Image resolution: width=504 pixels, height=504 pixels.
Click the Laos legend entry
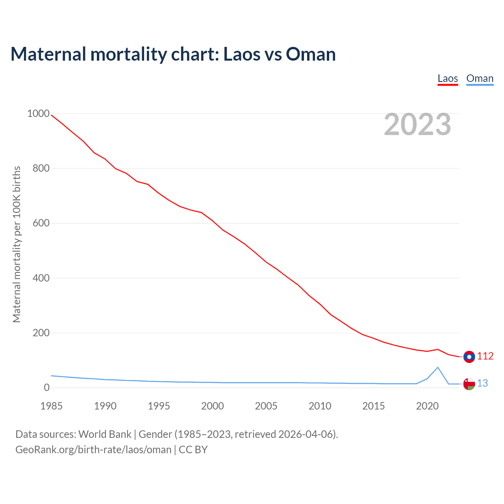pyautogui.click(x=448, y=78)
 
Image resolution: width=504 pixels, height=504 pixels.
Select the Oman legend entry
pyautogui.click(x=480, y=78)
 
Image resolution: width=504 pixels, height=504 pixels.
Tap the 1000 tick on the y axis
pyautogui.click(x=38, y=114)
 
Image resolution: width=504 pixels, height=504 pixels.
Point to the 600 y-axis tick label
pyautogui.click(x=41, y=223)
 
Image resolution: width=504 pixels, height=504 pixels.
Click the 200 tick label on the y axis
pyautogui.click(x=41, y=333)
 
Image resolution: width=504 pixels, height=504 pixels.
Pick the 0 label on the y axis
pyautogui.click(x=47, y=388)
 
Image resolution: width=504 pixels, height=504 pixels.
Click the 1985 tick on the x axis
pyautogui.click(x=52, y=406)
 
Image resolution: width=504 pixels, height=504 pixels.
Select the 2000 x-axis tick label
pyautogui.click(x=213, y=406)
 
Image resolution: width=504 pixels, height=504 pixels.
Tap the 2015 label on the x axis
pyautogui.click(x=374, y=406)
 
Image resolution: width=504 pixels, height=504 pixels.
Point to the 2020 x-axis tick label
pyautogui.click(x=427, y=406)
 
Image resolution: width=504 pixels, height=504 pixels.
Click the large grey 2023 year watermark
pyautogui.click(x=417, y=124)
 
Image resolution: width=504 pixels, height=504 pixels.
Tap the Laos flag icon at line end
pyautogui.click(x=469, y=357)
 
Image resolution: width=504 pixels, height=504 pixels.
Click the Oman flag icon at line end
pyautogui.click(x=469, y=384)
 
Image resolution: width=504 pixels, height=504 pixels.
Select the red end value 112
pyautogui.click(x=485, y=356)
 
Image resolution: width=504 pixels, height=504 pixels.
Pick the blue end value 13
pyautogui.click(x=482, y=384)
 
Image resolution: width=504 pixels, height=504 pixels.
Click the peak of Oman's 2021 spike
pyautogui.click(x=438, y=367)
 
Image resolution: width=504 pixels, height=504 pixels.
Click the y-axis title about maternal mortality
pyautogui.click(x=17, y=244)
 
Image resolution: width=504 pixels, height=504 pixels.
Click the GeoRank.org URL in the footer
pyautogui.click(x=93, y=450)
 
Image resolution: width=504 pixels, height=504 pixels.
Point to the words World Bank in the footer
pyautogui.click(x=105, y=434)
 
